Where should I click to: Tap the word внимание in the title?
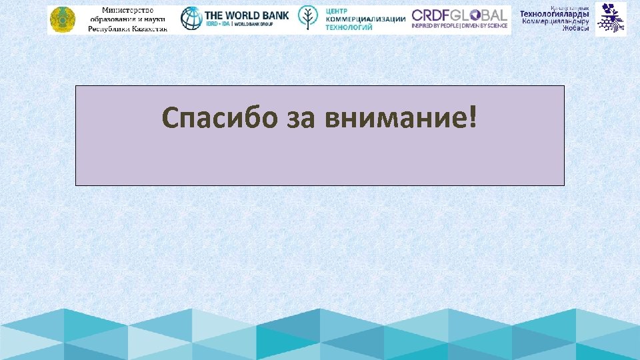(396, 119)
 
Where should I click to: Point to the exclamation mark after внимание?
(473, 117)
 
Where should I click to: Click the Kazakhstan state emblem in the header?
(62, 20)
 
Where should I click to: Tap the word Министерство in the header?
(127, 11)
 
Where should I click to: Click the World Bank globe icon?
(191, 19)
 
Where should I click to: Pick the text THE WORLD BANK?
(247, 15)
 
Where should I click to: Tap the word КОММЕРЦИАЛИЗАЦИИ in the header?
(365, 19)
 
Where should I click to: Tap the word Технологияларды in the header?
(554, 15)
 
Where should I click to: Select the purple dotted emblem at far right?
(611, 18)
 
